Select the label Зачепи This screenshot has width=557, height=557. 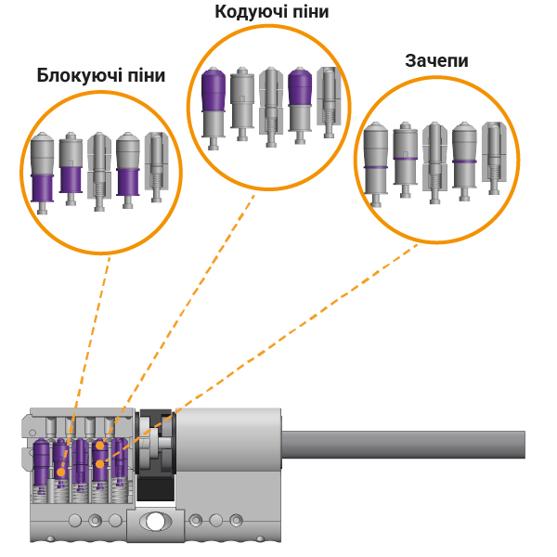(436, 60)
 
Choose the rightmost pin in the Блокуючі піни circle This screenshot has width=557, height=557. (155, 168)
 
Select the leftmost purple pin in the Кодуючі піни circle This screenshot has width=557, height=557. (214, 103)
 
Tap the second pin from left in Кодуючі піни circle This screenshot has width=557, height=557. (242, 101)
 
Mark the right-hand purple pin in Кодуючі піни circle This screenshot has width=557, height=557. (299, 103)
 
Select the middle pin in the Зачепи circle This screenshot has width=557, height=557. (434, 160)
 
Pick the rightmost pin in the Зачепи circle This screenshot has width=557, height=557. (491, 158)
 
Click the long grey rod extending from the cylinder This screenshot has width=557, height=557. (408, 444)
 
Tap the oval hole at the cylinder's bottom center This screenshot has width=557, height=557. (155, 522)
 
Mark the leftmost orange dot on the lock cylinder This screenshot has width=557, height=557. (61, 472)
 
